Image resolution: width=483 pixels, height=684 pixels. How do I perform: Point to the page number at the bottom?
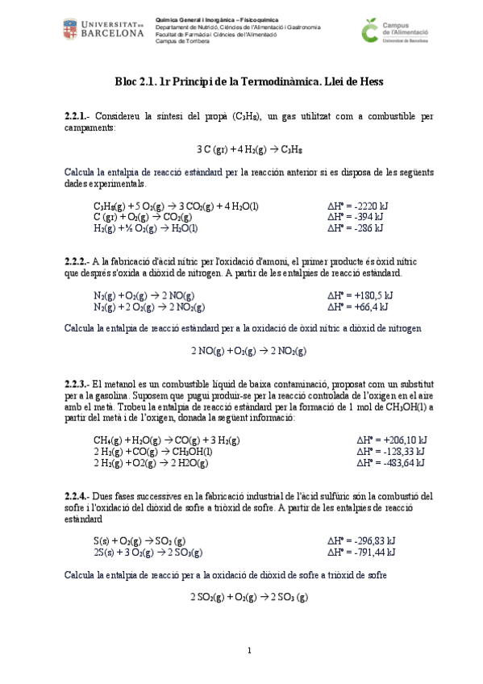point(249,650)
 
